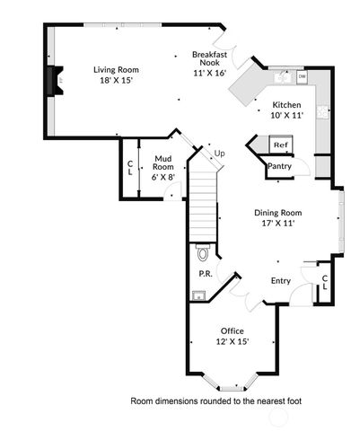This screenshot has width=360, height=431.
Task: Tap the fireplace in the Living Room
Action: [x=56, y=80]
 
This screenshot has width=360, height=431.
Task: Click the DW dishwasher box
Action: [x=302, y=77]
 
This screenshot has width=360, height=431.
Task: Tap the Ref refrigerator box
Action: [x=280, y=145]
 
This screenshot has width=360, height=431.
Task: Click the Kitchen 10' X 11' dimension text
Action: [x=287, y=115]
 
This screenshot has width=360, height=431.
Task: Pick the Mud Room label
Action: [x=162, y=166]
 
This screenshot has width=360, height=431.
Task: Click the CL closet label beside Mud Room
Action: [x=130, y=167]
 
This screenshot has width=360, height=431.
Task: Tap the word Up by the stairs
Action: [x=218, y=154]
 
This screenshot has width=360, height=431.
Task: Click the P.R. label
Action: [x=205, y=274]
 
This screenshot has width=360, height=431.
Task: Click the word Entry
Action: [x=281, y=281]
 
